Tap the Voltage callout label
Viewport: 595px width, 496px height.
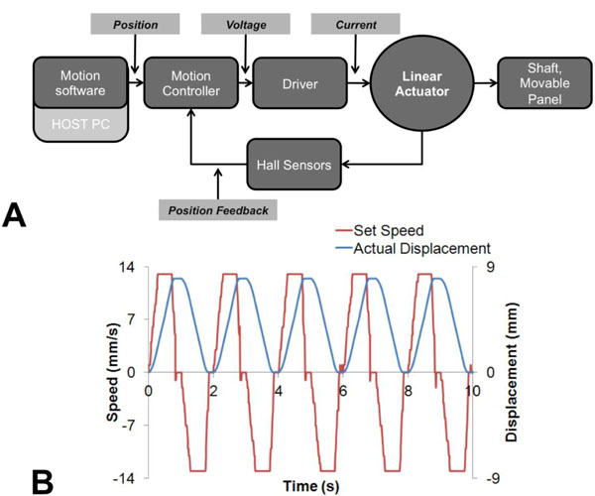[244, 21]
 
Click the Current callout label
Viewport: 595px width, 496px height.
[355, 21]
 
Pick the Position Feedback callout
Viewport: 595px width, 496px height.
[218, 209]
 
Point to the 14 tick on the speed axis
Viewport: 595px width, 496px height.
[130, 268]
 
